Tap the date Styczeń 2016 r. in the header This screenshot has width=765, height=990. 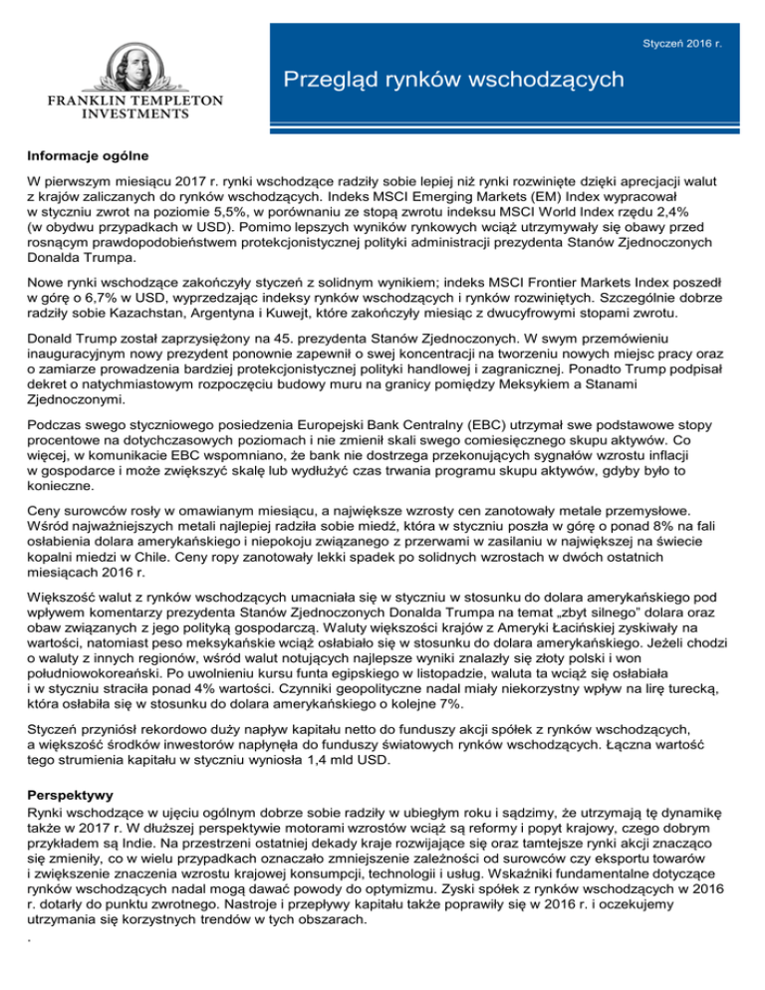tap(698, 18)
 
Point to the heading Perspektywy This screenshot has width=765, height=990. tap(71, 799)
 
